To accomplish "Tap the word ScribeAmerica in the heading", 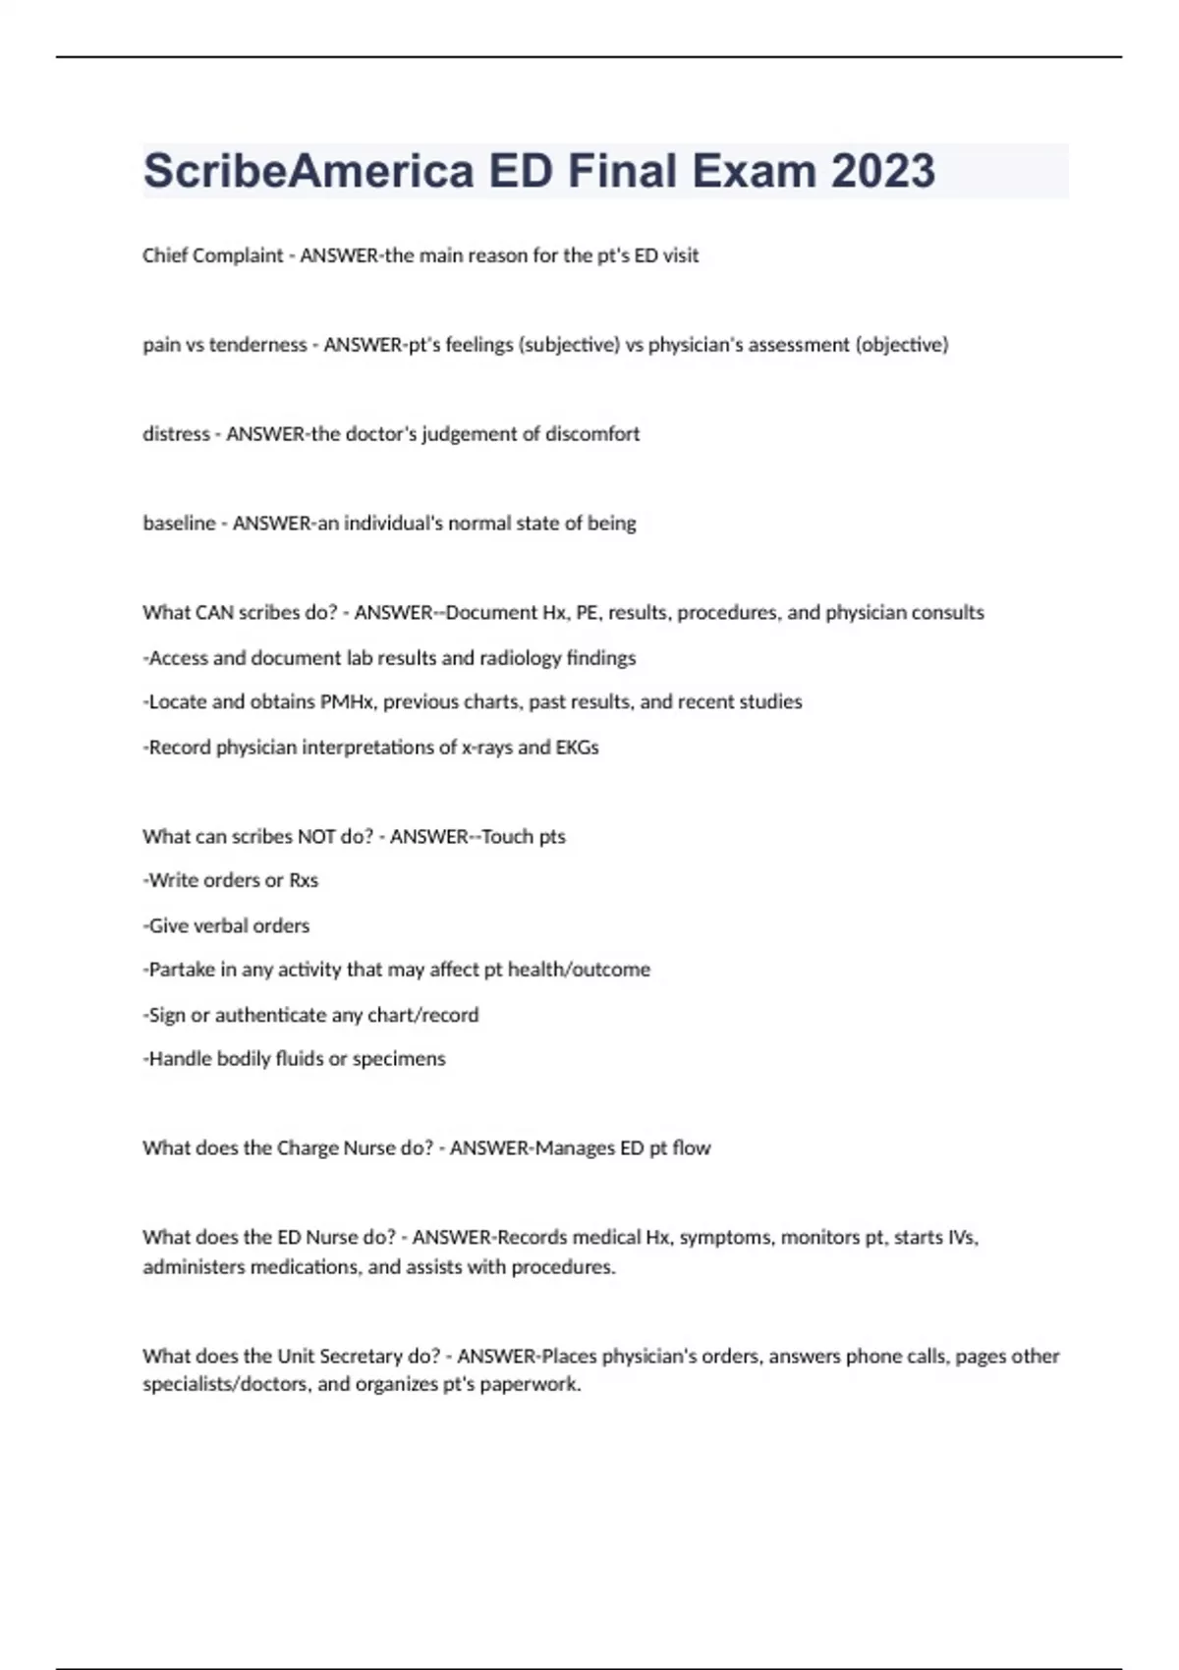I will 309,171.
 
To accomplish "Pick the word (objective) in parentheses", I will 902,345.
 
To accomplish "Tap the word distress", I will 176,434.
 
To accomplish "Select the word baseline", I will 179,524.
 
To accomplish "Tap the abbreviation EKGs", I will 577,748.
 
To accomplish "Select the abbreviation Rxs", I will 303,881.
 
